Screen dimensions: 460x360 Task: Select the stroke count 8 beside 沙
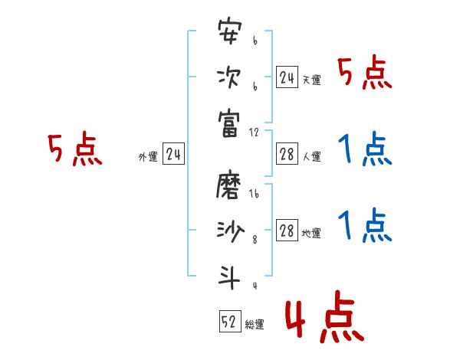tap(255, 240)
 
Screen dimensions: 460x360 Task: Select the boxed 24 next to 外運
tap(173, 155)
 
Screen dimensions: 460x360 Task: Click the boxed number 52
tap(229, 322)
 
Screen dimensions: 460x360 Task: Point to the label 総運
tap(255, 325)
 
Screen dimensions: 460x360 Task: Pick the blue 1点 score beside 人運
tap(364, 149)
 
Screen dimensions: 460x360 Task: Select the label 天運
tap(311, 80)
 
